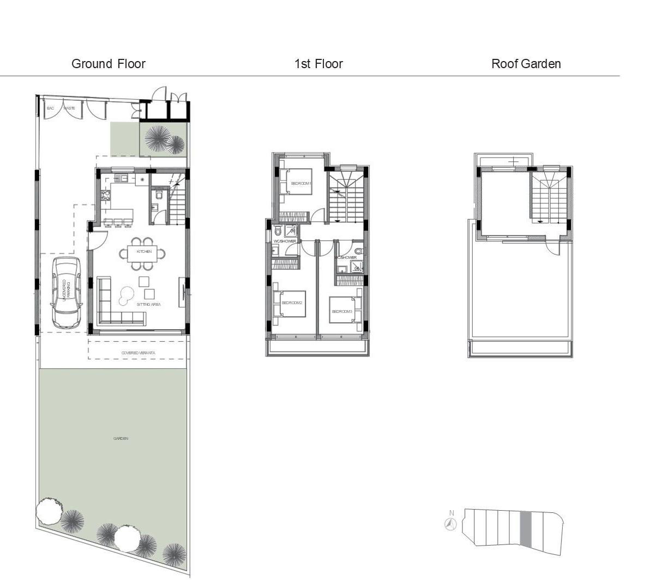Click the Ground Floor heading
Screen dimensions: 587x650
pos(109,64)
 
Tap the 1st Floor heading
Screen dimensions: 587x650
pos(318,64)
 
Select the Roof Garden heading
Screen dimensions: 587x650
pos(526,64)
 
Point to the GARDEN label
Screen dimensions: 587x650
pos(121,439)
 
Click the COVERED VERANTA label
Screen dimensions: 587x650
pos(138,353)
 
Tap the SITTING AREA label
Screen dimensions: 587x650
pos(148,305)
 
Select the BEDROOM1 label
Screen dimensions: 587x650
pos(301,184)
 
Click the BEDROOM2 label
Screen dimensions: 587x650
pos(292,302)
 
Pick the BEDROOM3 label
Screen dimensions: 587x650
pos(342,311)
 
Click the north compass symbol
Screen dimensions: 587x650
pos(450,524)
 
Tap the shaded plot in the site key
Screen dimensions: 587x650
pos(525,529)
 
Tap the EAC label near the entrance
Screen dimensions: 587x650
pos(51,108)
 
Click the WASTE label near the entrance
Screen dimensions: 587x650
pos(69,108)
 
